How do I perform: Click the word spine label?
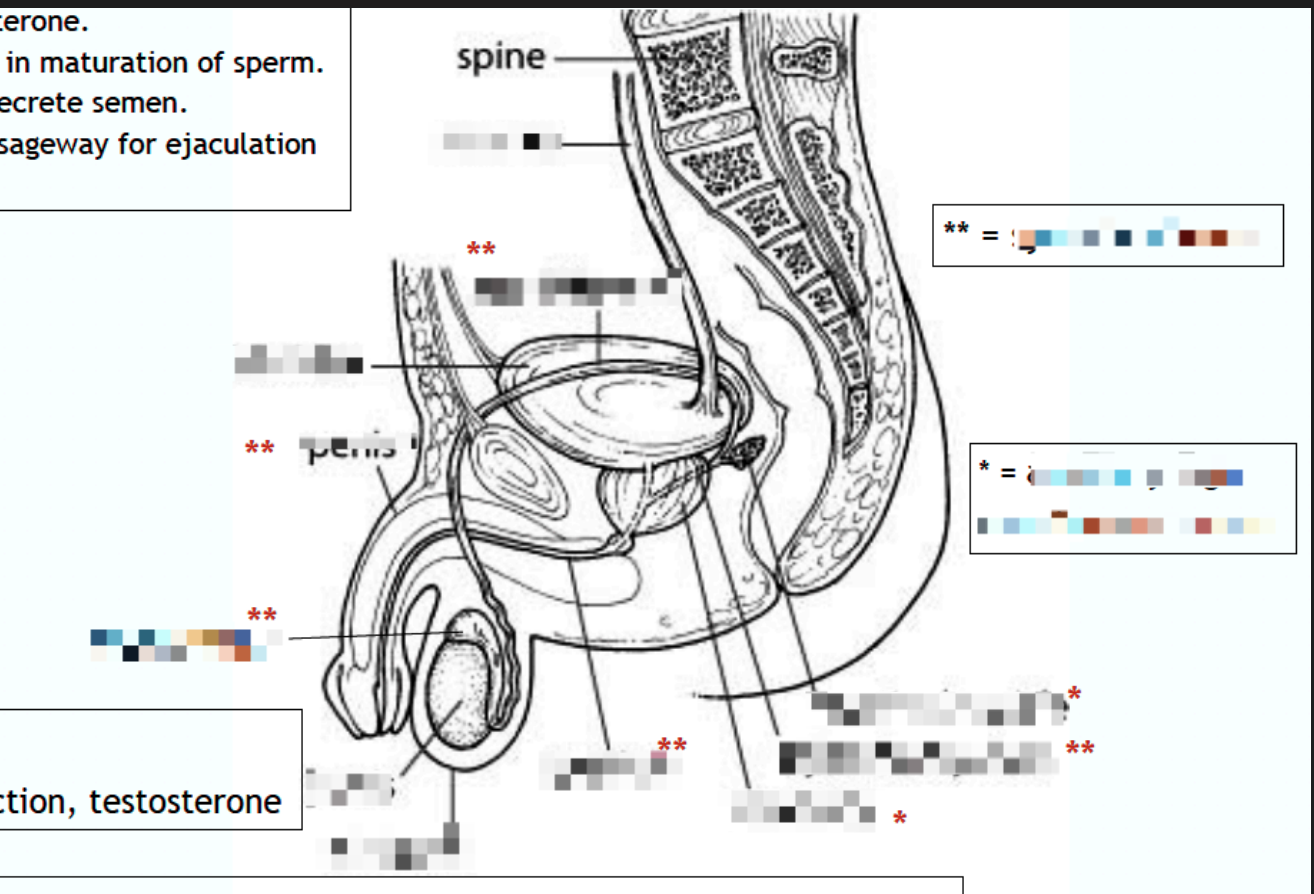[x=501, y=59]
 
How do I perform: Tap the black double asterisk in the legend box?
[x=955, y=231]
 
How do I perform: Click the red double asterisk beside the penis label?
[x=260, y=449]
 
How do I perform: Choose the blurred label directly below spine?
[x=500, y=143]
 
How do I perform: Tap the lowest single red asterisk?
[x=900, y=819]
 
